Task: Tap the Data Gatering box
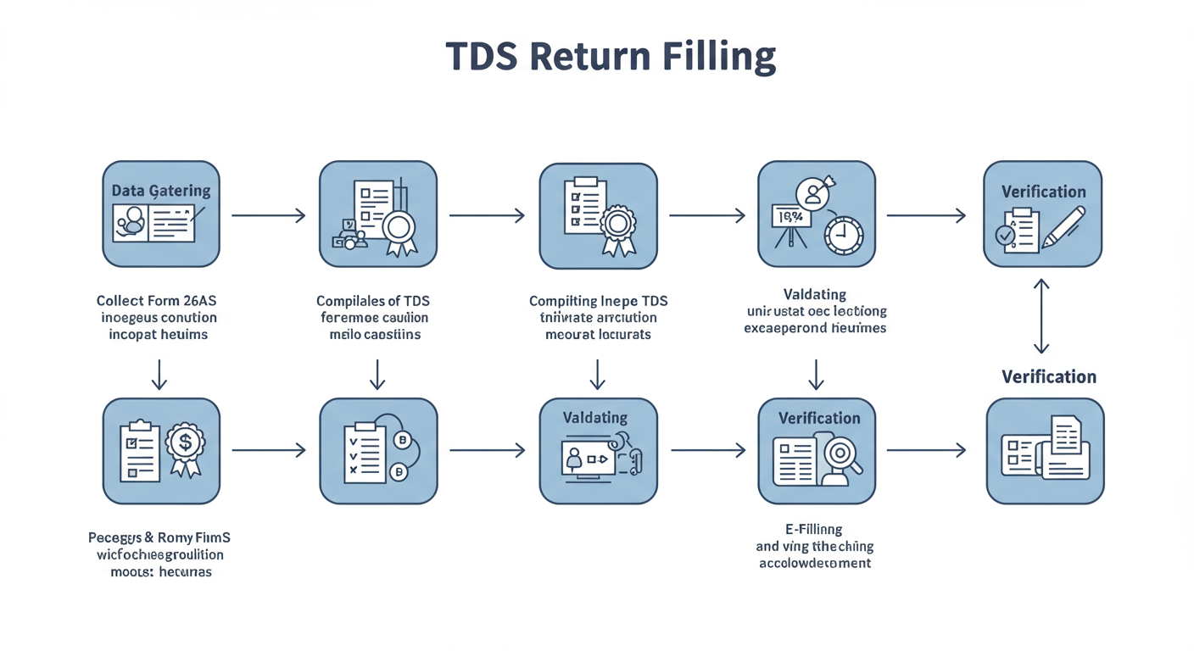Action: pos(161,214)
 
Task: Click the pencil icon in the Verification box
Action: pos(1064,226)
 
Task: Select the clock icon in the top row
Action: pos(843,233)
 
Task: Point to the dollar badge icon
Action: pos(185,442)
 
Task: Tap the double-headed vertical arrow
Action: pos(1041,316)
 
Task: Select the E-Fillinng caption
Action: pos(814,530)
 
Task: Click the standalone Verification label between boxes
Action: pos(1049,376)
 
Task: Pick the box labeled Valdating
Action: pos(598,451)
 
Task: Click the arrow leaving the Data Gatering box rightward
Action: pos(268,215)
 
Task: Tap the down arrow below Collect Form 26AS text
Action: pos(159,374)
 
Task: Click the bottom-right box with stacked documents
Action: pos(1045,451)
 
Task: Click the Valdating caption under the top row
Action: pos(815,294)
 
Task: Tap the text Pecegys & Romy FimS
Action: pos(159,537)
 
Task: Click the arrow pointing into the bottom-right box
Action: pos(926,451)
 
